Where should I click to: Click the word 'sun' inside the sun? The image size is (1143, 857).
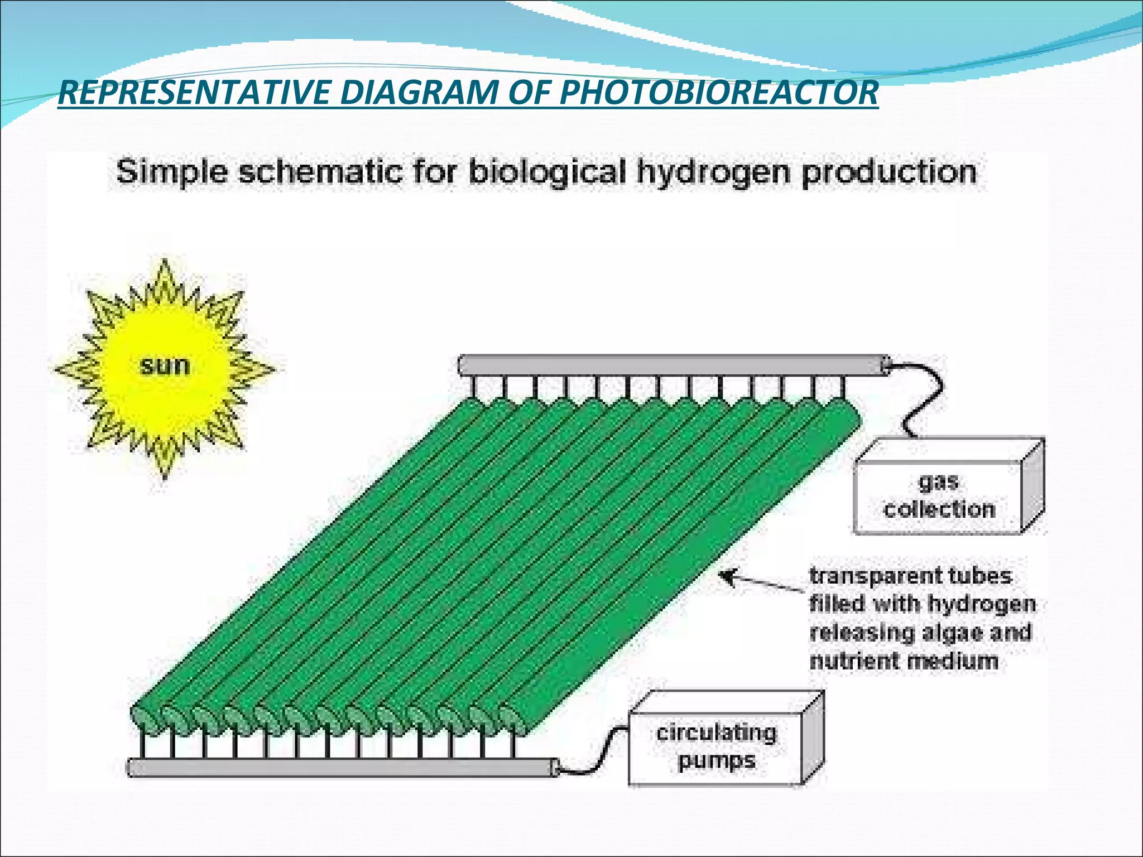click(164, 366)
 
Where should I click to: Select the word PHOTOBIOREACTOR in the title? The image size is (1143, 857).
click(719, 93)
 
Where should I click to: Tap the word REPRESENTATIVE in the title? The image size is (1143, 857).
click(194, 93)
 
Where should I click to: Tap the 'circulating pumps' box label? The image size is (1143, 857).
click(716, 747)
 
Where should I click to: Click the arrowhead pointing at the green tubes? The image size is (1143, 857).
click(727, 576)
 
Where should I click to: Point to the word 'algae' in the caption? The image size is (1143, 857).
click(952, 633)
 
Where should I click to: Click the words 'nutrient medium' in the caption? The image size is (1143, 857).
click(903, 662)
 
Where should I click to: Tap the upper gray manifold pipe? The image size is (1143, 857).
click(670, 366)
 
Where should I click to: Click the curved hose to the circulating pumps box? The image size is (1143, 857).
click(597, 753)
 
